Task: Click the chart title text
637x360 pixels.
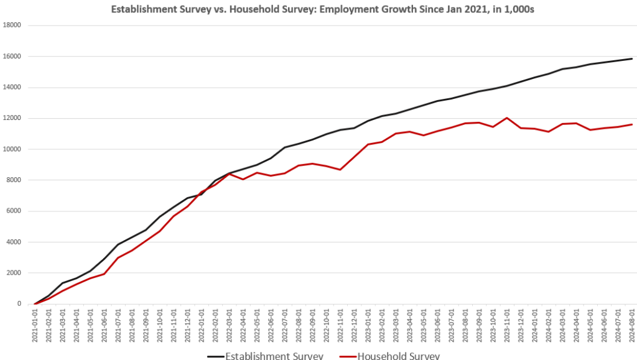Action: coord(318,9)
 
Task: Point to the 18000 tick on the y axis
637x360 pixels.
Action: coord(12,25)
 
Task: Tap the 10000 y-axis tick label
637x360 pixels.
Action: coord(12,149)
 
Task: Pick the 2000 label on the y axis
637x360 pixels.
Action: coord(14,273)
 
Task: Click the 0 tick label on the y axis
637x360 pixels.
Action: coord(20,304)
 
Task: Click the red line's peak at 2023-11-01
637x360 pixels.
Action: coord(507,118)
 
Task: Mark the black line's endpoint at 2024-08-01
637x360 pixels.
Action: coord(632,58)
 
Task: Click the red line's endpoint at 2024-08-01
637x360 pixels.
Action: coord(632,124)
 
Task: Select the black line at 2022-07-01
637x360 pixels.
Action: coord(285,147)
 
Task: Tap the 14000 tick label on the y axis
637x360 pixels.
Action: coord(12,87)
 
